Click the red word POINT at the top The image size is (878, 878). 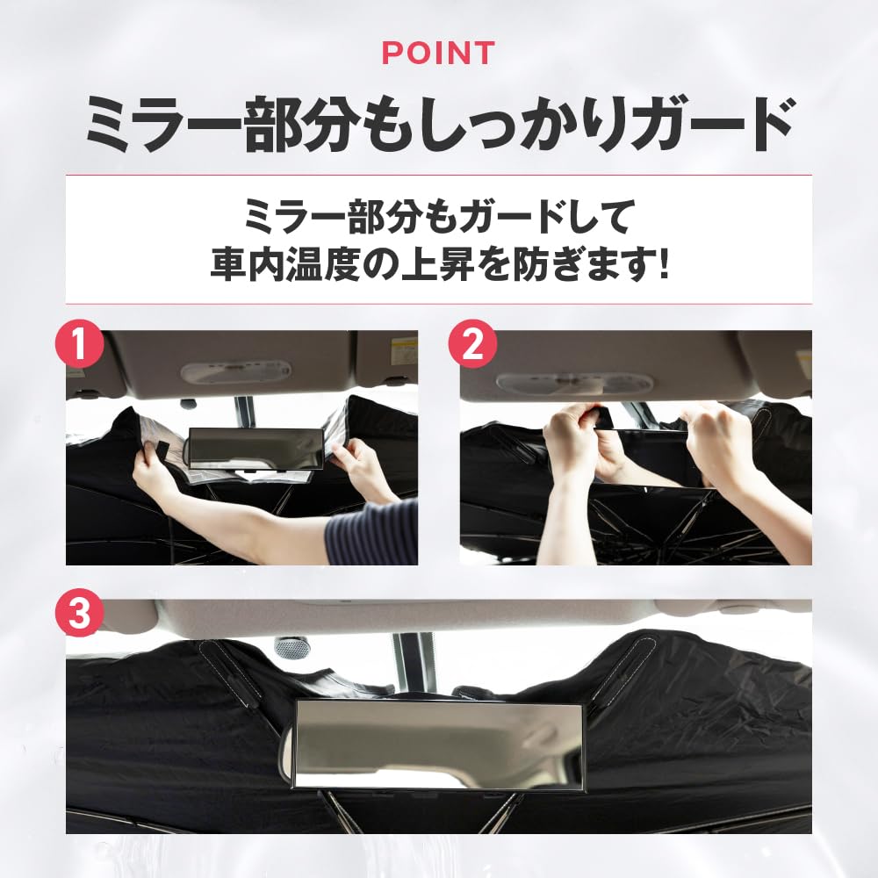438,54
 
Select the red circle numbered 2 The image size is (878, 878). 472,345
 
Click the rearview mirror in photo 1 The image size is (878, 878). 256,448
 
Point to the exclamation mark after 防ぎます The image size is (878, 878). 662,263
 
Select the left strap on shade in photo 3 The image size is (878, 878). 228,672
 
